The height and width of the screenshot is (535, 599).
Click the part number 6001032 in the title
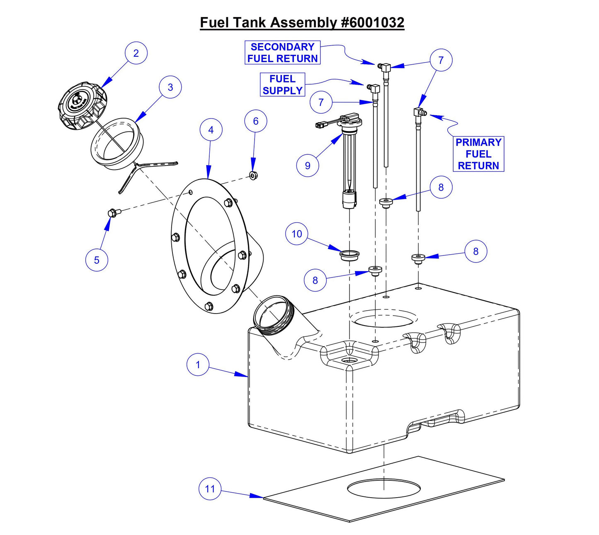pyautogui.click(x=372, y=22)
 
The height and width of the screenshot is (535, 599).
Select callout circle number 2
pyautogui.click(x=136, y=53)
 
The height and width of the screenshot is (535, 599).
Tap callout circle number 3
pyautogui.click(x=170, y=87)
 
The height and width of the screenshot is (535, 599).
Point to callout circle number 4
pyautogui.click(x=211, y=130)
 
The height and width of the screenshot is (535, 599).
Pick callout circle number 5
pyautogui.click(x=97, y=260)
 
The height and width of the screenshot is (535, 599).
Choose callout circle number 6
pyautogui.click(x=256, y=121)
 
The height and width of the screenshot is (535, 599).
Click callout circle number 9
pyautogui.click(x=308, y=165)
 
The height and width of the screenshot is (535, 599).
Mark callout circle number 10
pyautogui.click(x=297, y=234)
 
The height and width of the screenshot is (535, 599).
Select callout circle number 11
pyautogui.click(x=210, y=489)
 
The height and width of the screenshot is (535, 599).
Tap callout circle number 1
pyautogui.click(x=198, y=365)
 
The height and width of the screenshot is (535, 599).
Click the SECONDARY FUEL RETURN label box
pyautogui.click(x=282, y=53)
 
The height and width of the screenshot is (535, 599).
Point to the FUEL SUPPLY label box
pyautogui.click(x=282, y=85)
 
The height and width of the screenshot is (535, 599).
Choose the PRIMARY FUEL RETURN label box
pyautogui.click(x=478, y=154)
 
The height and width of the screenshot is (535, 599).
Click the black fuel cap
pyautogui.click(x=82, y=105)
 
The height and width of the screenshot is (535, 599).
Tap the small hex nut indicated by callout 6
pyautogui.click(x=253, y=176)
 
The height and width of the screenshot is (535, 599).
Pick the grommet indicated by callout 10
pyautogui.click(x=349, y=255)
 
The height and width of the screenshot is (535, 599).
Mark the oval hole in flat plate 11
pyautogui.click(x=383, y=489)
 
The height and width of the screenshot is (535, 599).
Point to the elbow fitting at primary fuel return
pyautogui.click(x=419, y=113)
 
